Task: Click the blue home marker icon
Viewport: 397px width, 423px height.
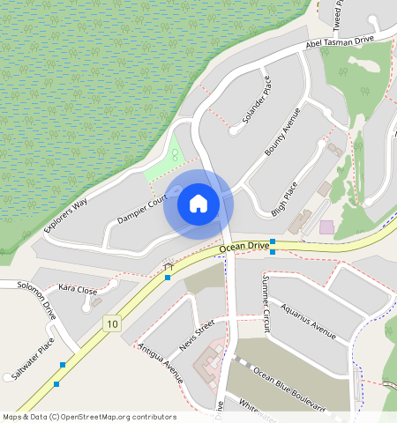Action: point(198,204)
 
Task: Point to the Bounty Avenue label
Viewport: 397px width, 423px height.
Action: point(283,132)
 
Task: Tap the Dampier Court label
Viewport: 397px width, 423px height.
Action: point(140,209)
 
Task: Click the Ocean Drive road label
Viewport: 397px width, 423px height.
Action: point(245,248)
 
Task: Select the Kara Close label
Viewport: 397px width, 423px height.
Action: point(77,289)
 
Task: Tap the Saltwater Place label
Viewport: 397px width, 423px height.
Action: point(34,358)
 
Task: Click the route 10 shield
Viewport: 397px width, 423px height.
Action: point(110,324)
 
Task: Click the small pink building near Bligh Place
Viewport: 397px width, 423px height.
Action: point(326,227)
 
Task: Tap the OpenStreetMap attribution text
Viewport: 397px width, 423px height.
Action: point(89,417)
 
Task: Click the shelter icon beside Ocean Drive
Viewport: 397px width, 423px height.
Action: point(169,263)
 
